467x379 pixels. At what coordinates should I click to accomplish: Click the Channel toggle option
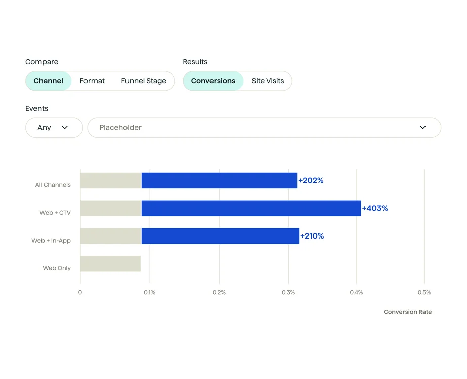[49, 81]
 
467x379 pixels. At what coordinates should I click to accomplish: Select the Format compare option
[92, 81]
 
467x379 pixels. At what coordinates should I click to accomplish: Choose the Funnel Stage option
[144, 81]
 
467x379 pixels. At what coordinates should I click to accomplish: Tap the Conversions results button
[213, 81]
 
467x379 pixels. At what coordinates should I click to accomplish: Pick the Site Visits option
[268, 81]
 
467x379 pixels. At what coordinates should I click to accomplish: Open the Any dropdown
[54, 128]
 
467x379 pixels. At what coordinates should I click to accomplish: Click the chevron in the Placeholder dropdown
[423, 128]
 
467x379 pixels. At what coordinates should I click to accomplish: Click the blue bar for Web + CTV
[251, 208]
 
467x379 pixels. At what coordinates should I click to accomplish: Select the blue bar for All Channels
[219, 180]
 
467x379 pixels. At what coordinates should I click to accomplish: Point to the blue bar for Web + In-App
[220, 236]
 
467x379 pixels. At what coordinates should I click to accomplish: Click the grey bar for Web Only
[110, 264]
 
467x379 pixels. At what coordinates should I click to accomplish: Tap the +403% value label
[375, 208]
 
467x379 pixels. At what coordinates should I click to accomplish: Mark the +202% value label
[311, 180]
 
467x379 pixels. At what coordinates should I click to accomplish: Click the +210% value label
[312, 236]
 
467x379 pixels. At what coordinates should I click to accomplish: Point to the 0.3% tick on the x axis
[288, 292]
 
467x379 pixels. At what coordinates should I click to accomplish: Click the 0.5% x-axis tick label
[424, 292]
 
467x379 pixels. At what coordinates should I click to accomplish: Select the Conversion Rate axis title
[407, 312]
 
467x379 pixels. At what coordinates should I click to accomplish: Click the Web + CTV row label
[55, 213]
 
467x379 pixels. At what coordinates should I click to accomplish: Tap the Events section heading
[37, 108]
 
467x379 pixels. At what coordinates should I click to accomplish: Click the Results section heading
[195, 62]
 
